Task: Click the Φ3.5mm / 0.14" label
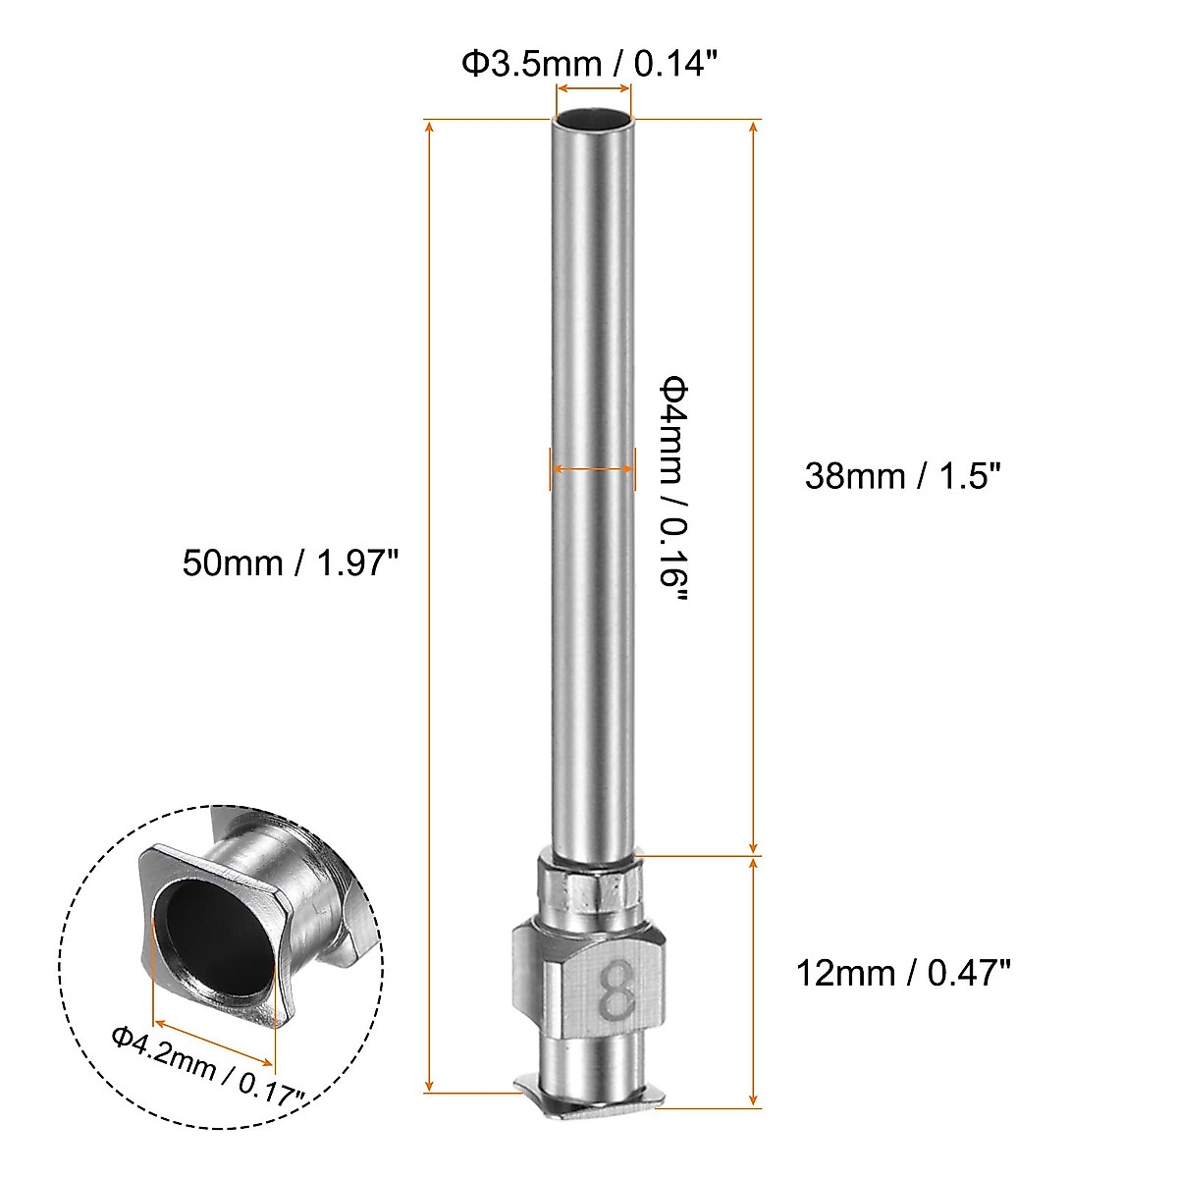coord(591,65)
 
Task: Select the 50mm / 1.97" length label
coord(291,563)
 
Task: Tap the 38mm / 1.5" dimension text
coord(902,476)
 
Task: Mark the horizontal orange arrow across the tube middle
coord(592,470)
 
